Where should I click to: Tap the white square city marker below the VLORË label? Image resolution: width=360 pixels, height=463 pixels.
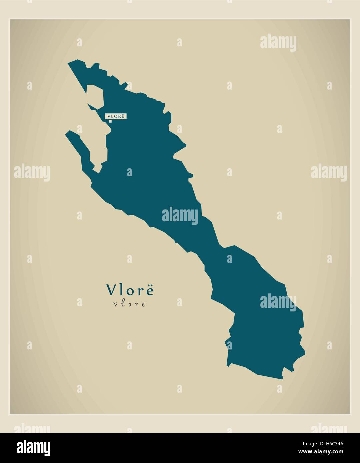click(x=110, y=121)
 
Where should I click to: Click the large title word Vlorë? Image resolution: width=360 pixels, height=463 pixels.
click(x=130, y=290)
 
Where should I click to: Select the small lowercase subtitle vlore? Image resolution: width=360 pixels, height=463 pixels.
click(x=129, y=304)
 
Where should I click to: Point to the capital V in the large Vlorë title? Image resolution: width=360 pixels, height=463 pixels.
click(x=111, y=290)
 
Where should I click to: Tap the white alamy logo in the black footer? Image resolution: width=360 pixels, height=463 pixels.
click(x=34, y=448)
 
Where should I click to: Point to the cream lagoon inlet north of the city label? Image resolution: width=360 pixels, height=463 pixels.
click(x=95, y=97)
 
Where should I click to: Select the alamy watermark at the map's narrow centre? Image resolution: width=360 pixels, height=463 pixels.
click(x=180, y=216)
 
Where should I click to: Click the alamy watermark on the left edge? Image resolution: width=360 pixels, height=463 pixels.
click(x=32, y=173)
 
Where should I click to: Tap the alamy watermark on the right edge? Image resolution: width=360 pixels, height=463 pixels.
click(x=329, y=173)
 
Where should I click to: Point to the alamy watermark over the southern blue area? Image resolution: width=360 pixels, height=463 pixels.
click(x=278, y=302)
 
